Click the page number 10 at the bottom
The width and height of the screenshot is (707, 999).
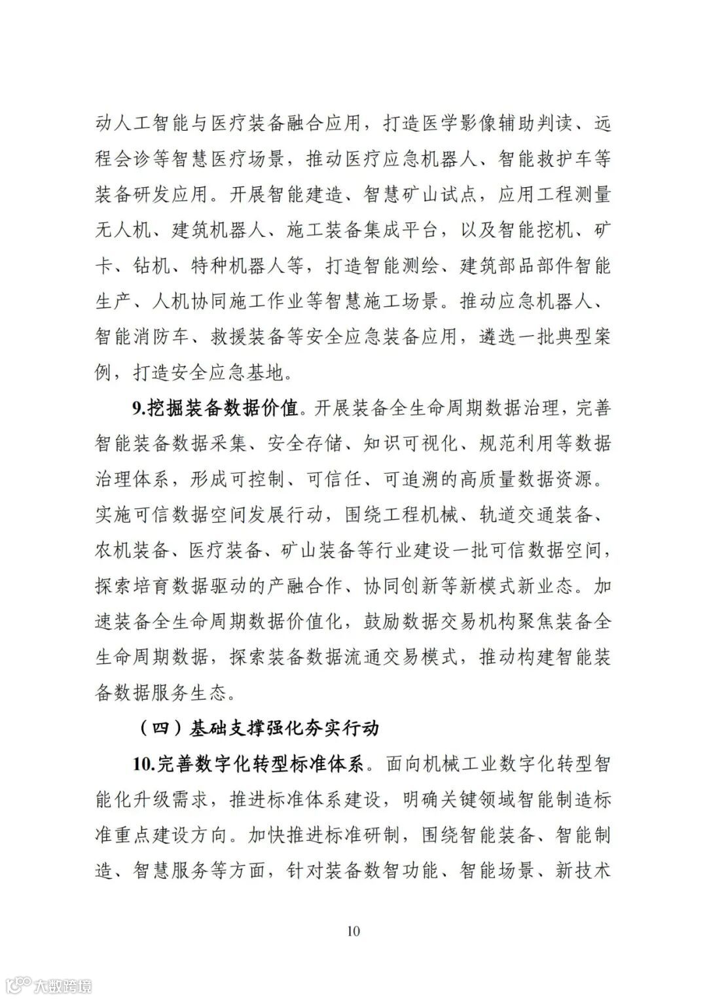coord(353,930)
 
